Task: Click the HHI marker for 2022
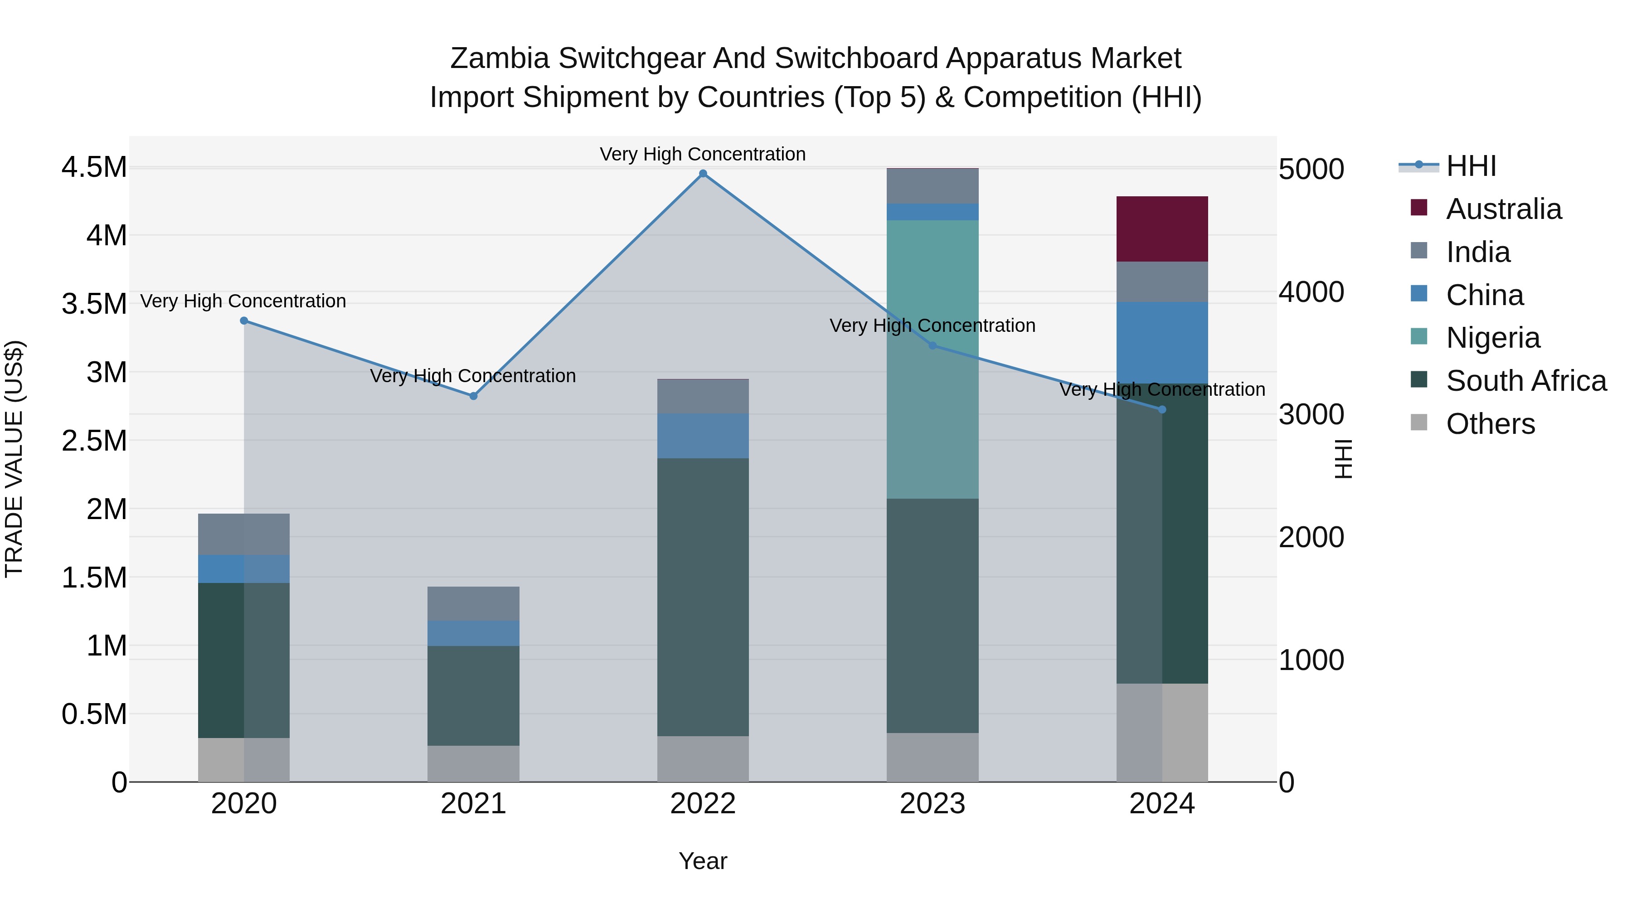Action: coord(703,174)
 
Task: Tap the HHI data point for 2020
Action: coord(244,321)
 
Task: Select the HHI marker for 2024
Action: coord(1162,410)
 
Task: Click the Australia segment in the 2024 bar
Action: coord(1162,229)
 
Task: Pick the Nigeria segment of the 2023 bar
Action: coord(932,359)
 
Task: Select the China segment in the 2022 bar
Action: coord(703,436)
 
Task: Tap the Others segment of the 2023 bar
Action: coord(932,757)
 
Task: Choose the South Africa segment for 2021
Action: coord(473,695)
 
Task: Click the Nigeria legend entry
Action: coord(1493,338)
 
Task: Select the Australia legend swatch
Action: coord(1419,208)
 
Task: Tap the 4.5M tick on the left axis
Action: coord(94,168)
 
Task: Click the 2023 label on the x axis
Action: coord(932,804)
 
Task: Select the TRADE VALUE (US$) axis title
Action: coord(14,459)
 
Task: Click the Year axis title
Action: coord(703,861)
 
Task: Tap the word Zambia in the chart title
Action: coord(499,58)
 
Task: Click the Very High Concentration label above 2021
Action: coord(473,376)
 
